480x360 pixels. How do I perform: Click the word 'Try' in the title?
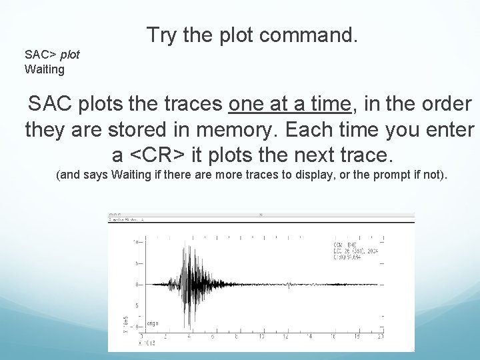(162, 35)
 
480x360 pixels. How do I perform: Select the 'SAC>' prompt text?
(39, 55)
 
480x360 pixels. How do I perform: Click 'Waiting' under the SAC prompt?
(44, 69)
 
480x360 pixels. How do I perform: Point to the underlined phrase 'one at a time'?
(290, 105)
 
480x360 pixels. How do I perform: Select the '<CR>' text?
(157, 155)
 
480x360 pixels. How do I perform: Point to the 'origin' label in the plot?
(153, 324)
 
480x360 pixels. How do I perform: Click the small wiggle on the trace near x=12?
(287, 285)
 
